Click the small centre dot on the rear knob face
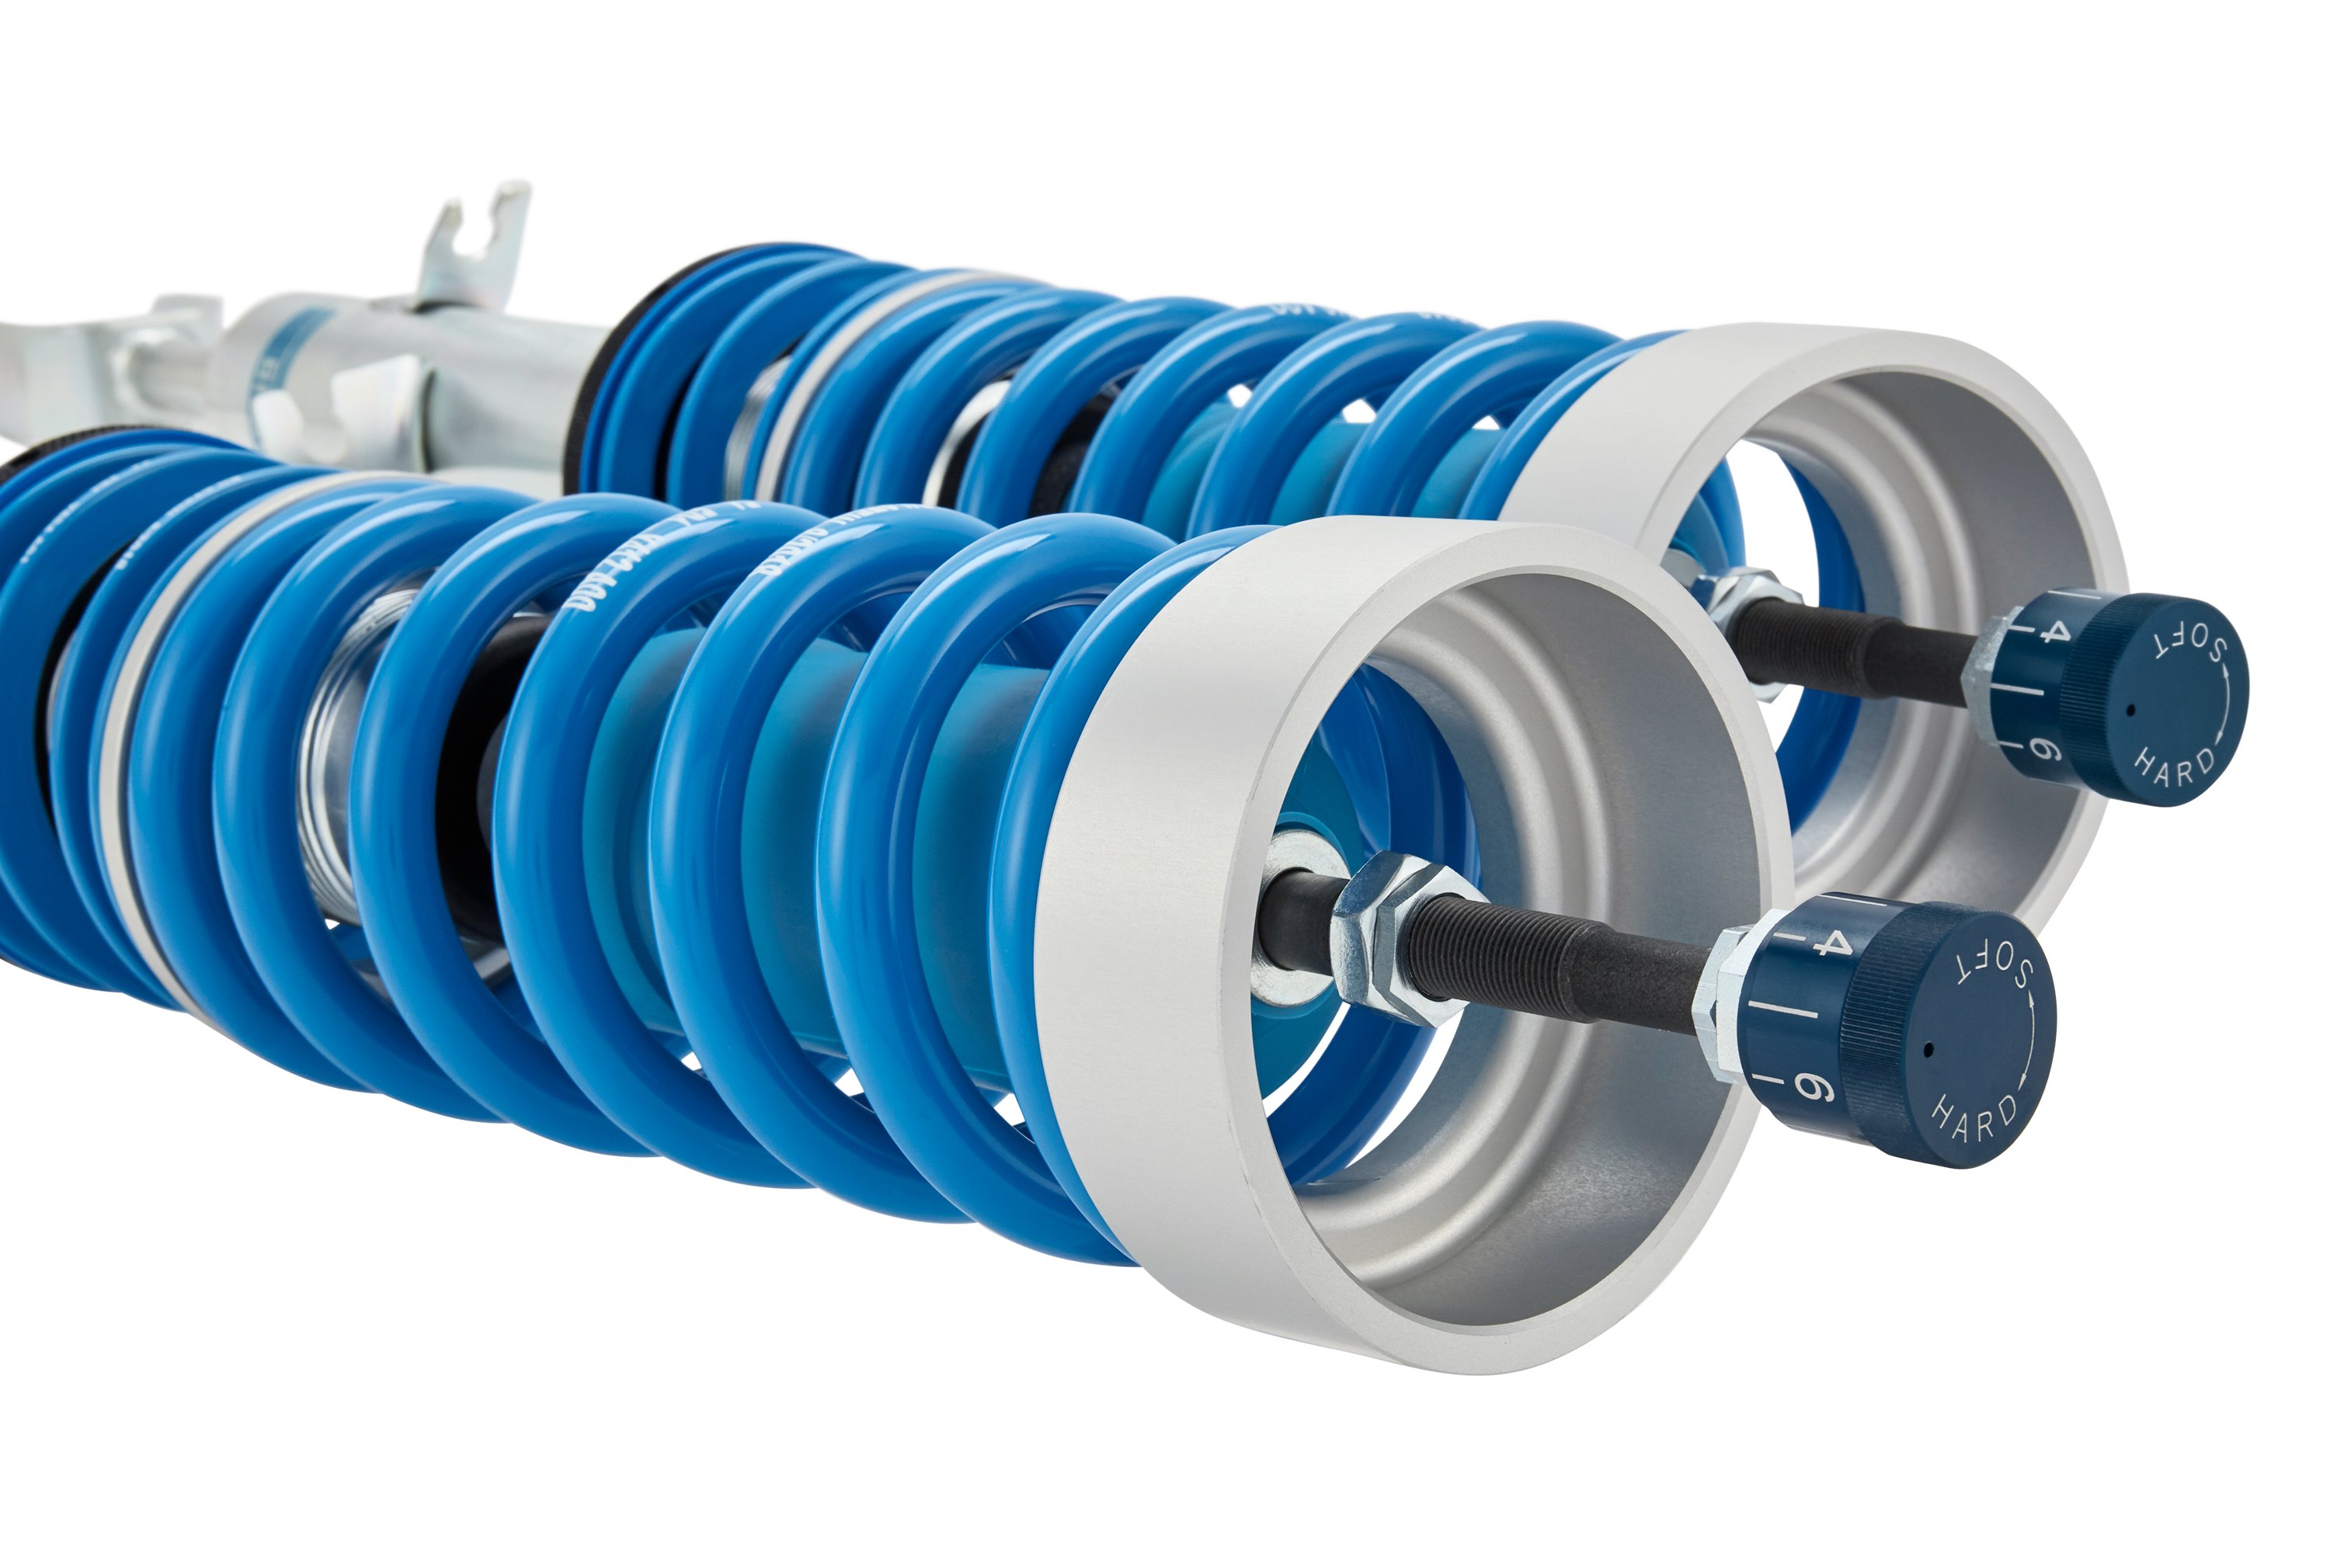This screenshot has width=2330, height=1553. pyautogui.click(x=2130, y=709)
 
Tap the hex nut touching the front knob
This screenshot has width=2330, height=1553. pyautogui.click(x=1722, y=1000)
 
